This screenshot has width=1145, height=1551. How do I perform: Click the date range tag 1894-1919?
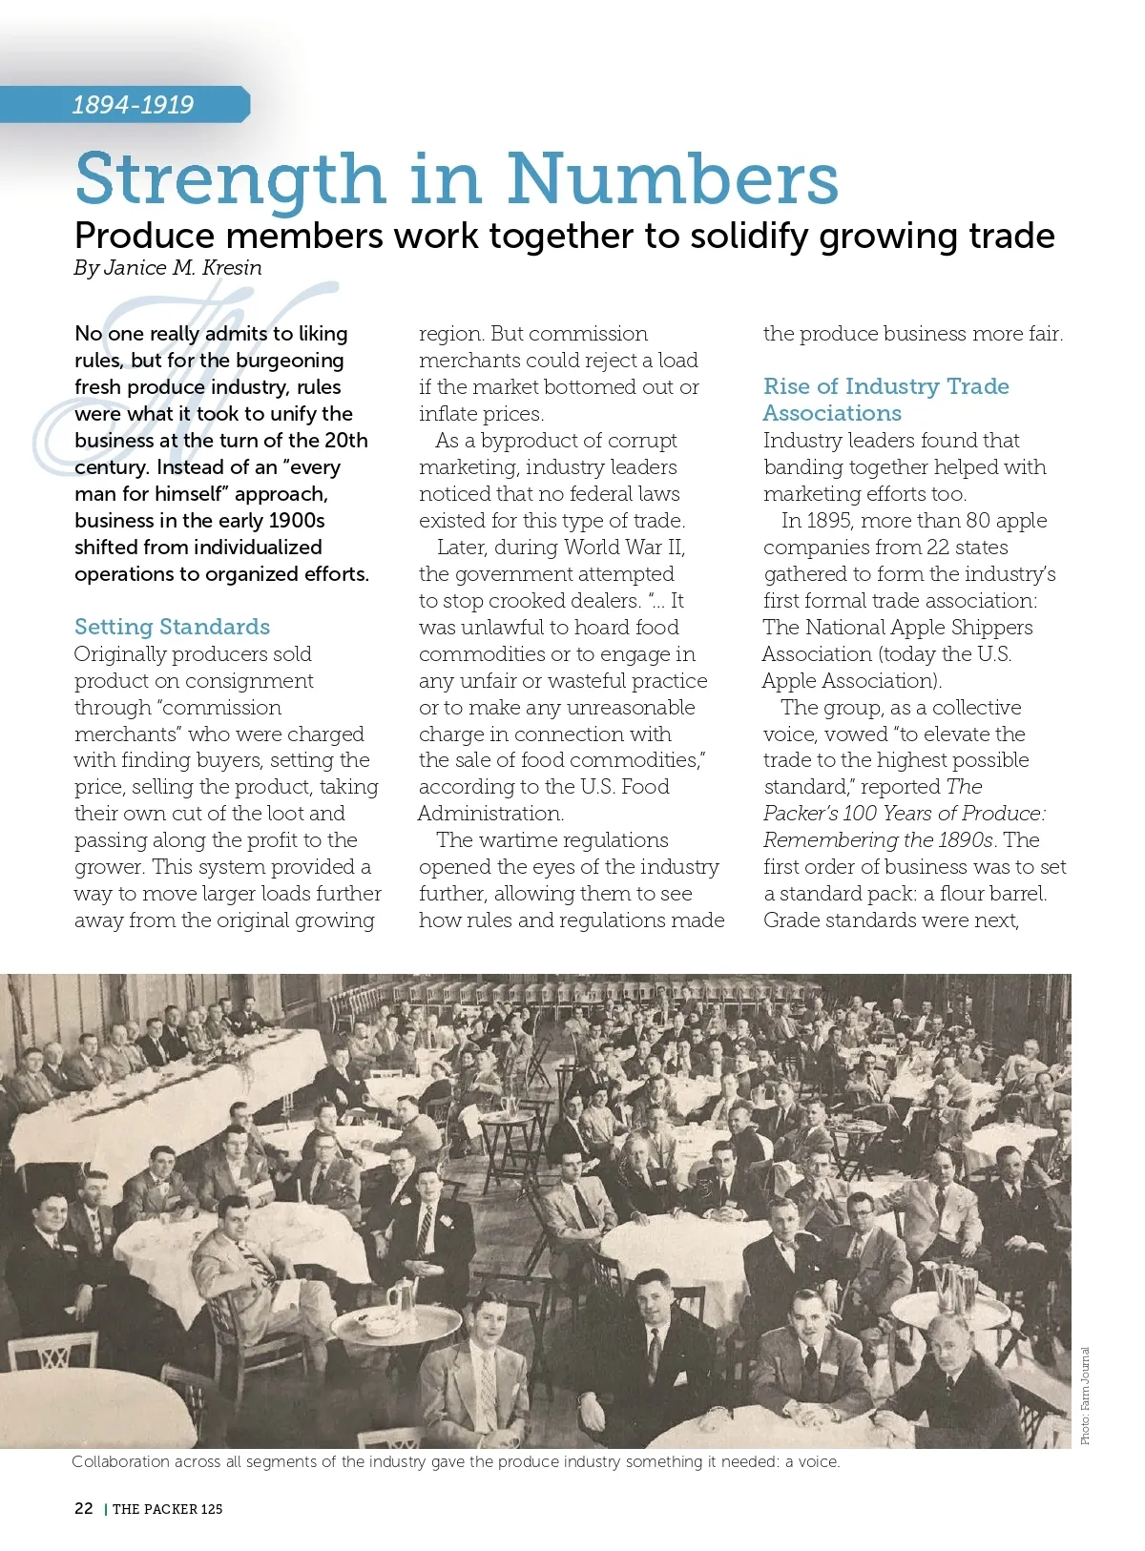133,105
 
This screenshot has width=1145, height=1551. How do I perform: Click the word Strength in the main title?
229,179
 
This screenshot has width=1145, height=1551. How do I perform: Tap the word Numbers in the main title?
672,179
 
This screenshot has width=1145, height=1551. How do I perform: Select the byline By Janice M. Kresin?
168,268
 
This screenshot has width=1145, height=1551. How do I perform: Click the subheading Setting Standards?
172,627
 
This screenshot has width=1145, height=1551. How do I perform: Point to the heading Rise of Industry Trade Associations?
885,400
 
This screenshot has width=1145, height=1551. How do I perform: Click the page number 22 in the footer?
84,1508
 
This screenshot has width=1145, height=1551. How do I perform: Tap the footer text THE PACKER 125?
168,1509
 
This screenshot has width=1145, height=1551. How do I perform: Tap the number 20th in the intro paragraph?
343,441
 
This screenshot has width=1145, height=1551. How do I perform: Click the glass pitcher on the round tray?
401,1299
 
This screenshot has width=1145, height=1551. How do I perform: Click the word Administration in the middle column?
490,814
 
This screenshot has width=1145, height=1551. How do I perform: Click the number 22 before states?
938,548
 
